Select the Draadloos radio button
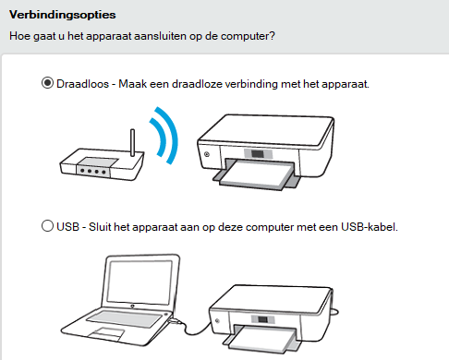point(47,83)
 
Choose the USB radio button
point(47,226)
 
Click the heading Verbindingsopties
point(63,15)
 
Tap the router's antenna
point(133,142)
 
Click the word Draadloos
point(82,84)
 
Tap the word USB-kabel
point(370,227)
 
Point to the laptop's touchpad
point(105,333)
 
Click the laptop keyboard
point(125,319)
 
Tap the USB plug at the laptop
point(176,321)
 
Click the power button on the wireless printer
point(207,154)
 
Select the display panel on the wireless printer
point(258,154)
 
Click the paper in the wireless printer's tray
point(257,174)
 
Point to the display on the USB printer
point(262,319)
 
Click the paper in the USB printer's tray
point(261,339)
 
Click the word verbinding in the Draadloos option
point(251,84)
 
